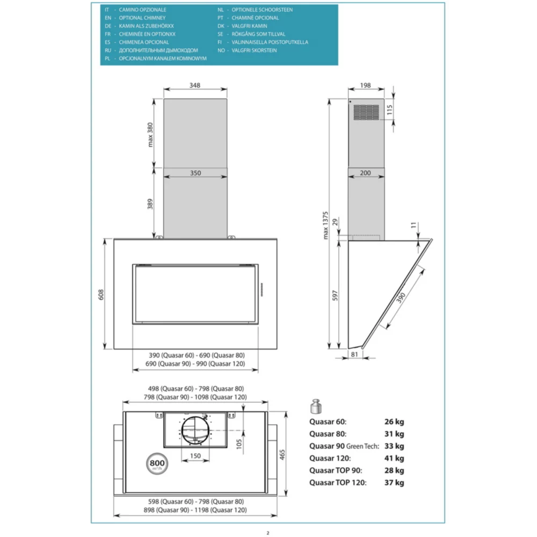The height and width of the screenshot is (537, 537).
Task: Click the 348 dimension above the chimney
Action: coord(195,85)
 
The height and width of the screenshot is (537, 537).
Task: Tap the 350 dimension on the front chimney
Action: coord(195,173)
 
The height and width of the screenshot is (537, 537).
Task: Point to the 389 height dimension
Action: coord(151,204)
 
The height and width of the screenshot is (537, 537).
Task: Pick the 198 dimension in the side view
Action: coord(366,85)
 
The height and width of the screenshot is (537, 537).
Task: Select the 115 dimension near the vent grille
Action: coord(398,111)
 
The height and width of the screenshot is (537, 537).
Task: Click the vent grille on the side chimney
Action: coord(366,112)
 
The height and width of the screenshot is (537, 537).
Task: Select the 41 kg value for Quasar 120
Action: coord(394,458)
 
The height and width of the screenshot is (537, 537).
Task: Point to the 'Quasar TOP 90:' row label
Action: coord(336,470)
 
